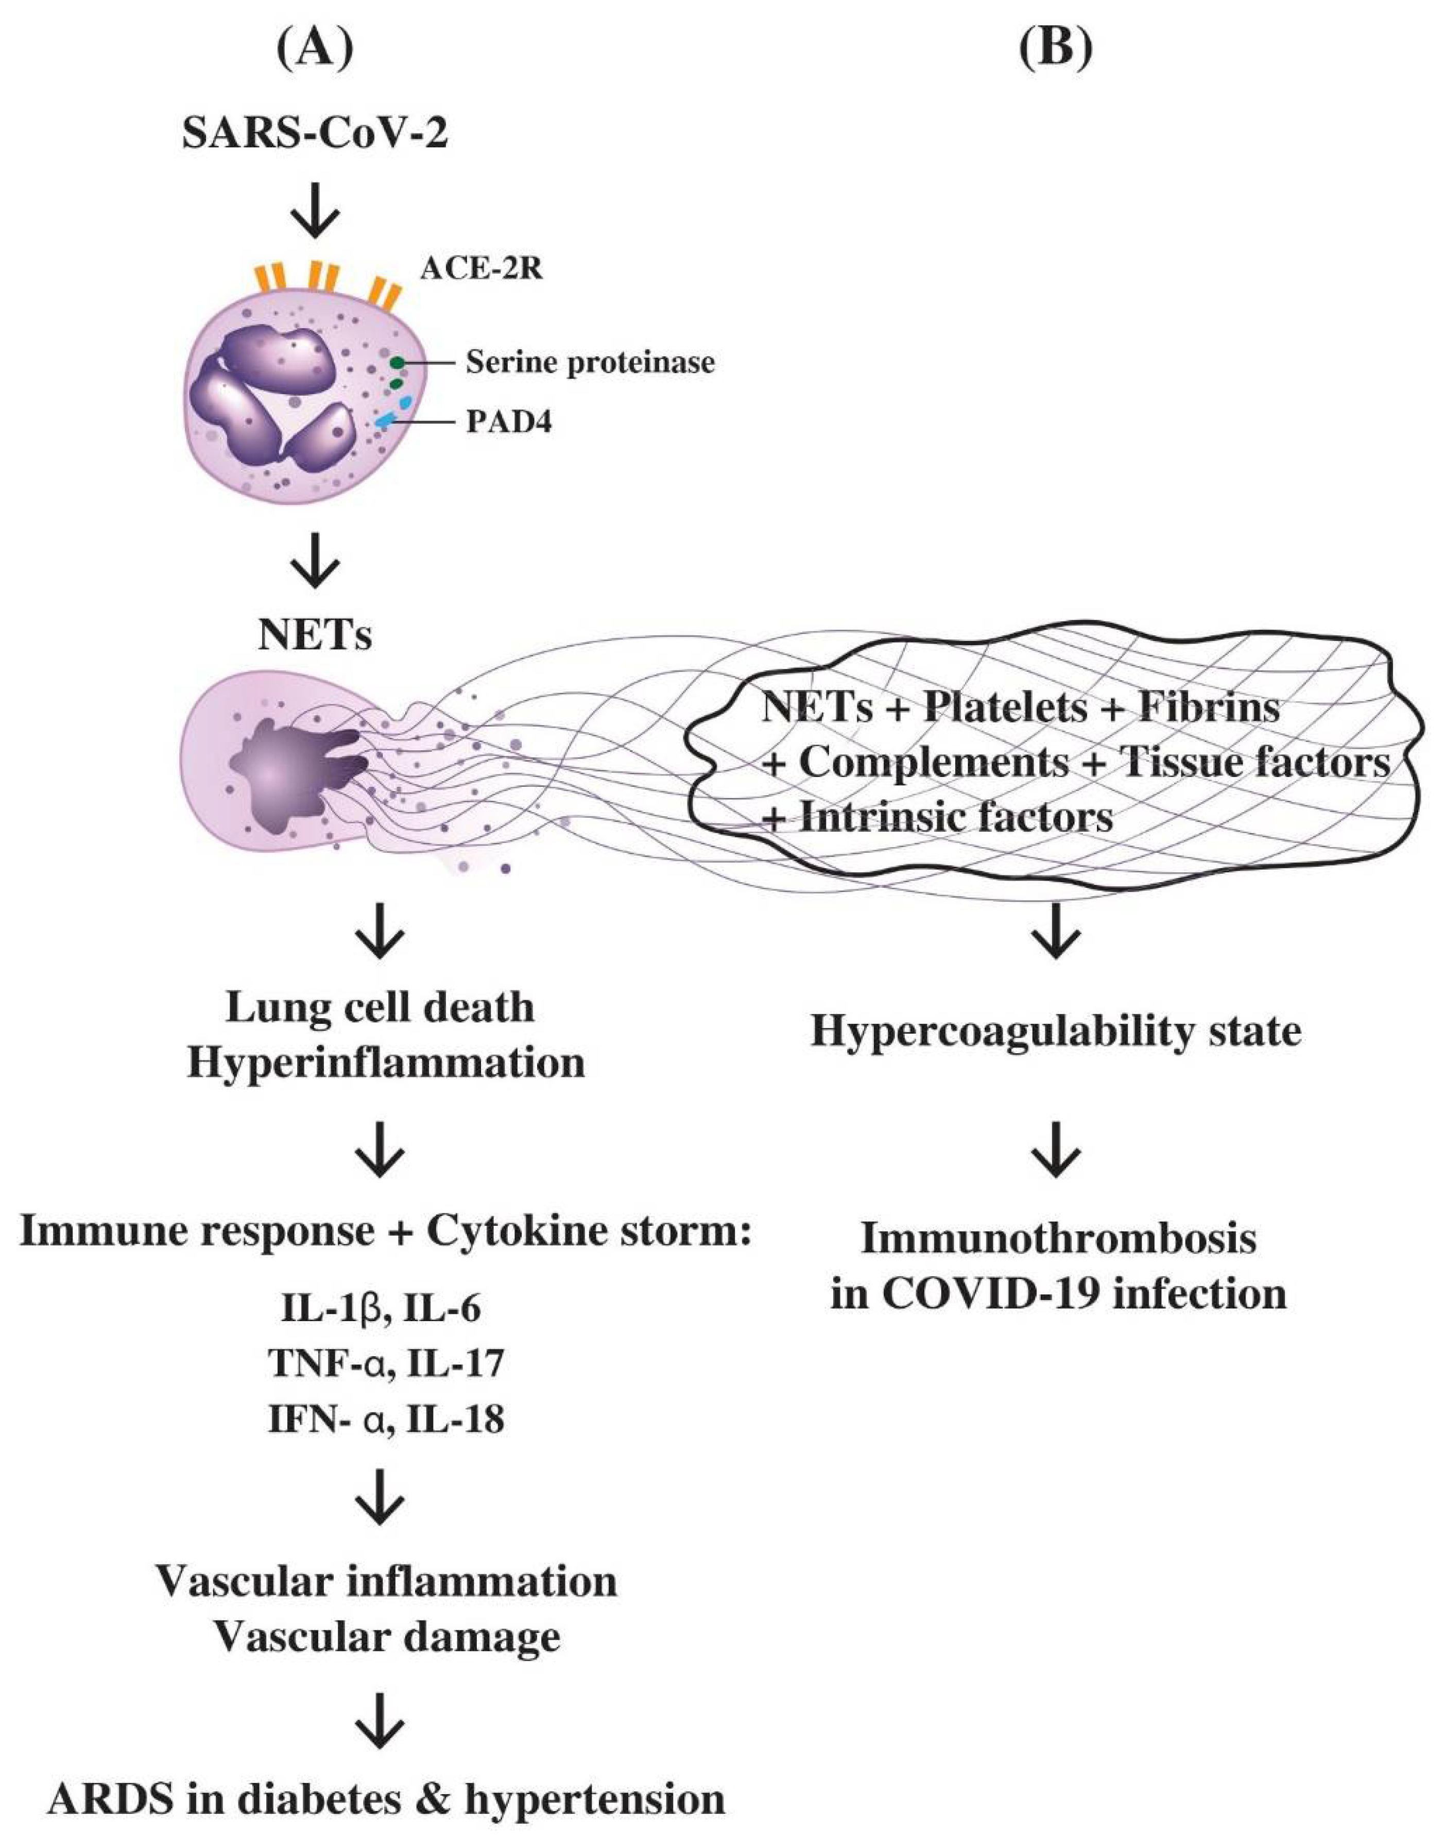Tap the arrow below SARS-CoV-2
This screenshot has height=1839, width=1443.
[x=314, y=214]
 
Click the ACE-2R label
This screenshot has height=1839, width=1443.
[x=482, y=269]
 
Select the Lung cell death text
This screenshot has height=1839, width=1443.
[x=380, y=1007]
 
